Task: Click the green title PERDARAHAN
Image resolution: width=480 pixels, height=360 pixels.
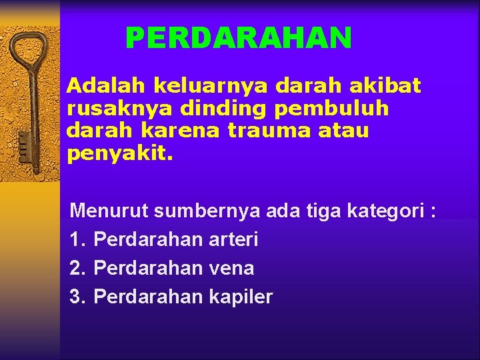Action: click(238, 39)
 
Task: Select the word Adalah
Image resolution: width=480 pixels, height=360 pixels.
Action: click(106, 85)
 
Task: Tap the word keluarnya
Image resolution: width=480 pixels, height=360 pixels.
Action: click(210, 85)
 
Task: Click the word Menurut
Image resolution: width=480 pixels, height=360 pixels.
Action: click(109, 211)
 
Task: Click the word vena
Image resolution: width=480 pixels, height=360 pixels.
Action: click(231, 268)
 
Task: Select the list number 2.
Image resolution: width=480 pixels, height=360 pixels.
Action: click(77, 268)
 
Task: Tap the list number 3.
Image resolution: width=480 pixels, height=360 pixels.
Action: click(77, 297)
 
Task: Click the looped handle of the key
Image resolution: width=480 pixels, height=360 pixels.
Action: click(27, 50)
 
